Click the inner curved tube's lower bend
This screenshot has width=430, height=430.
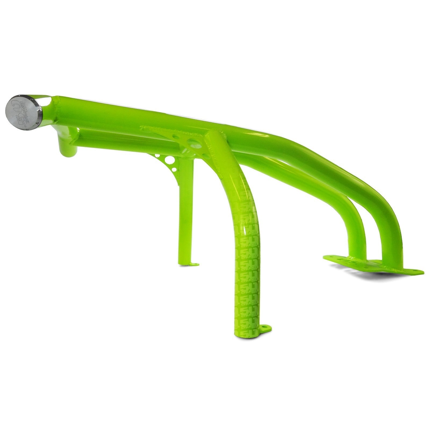355,223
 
